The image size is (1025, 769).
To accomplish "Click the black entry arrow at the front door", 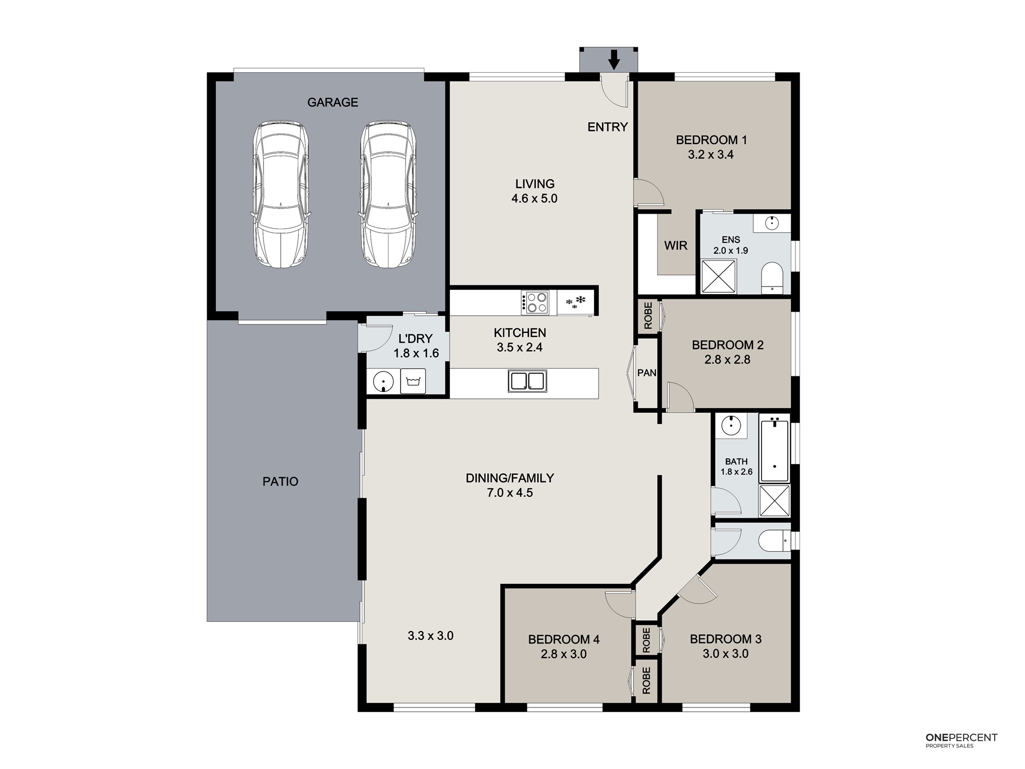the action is click(x=614, y=59).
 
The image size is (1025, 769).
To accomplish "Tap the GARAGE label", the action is click(x=333, y=103).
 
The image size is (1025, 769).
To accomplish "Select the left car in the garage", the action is click(x=280, y=195).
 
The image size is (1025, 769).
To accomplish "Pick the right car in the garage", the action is click(x=388, y=195).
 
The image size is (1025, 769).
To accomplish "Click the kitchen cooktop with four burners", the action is click(x=535, y=302).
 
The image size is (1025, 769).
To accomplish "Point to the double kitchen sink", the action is click(x=527, y=381).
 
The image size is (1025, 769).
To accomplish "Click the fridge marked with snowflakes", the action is click(x=575, y=302).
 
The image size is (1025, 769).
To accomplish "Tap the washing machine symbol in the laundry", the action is click(x=413, y=381).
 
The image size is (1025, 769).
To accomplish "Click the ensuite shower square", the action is click(x=719, y=276).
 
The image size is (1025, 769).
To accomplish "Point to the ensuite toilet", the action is click(x=772, y=279).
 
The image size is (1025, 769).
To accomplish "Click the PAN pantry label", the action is click(x=647, y=373).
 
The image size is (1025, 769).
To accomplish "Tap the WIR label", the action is click(x=675, y=246).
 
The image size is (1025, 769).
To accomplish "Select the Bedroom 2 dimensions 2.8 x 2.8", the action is click(x=727, y=360).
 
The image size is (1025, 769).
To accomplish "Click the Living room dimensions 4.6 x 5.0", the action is click(x=535, y=198).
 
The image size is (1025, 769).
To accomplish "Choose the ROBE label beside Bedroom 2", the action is click(x=648, y=315).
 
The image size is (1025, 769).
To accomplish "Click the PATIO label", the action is click(x=280, y=481).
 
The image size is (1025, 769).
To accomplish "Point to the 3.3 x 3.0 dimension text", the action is click(x=430, y=636).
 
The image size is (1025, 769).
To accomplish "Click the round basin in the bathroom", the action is click(x=731, y=425).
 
